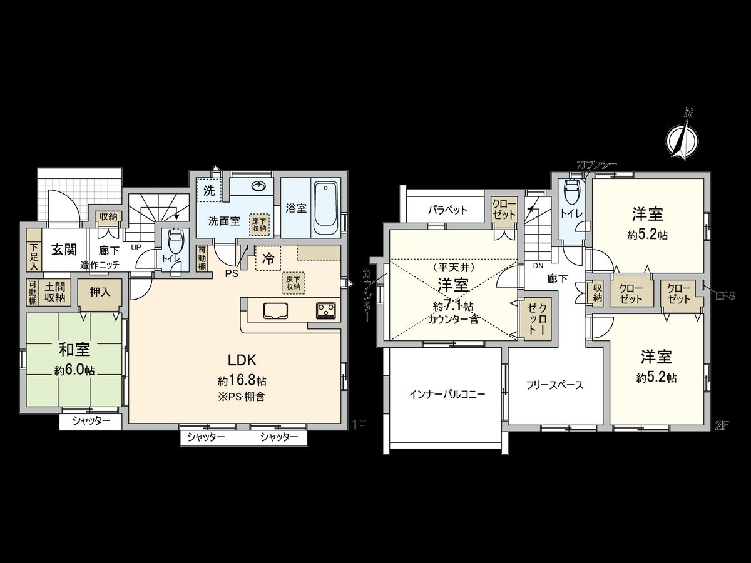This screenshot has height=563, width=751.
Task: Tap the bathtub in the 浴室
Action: [325, 205]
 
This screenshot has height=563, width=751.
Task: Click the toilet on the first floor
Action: [176, 240]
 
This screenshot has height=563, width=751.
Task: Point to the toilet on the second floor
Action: [571, 190]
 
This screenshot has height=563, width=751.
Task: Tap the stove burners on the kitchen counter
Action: [325, 309]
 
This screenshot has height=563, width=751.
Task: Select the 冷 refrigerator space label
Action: [268, 258]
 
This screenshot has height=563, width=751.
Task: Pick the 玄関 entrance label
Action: [63, 249]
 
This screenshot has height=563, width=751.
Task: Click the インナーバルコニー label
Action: [446, 394]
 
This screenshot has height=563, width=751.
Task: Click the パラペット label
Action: [447, 210]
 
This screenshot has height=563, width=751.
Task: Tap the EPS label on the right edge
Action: [726, 297]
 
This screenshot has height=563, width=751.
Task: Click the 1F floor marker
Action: [358, 425]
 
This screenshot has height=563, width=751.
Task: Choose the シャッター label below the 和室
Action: [91, 422]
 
